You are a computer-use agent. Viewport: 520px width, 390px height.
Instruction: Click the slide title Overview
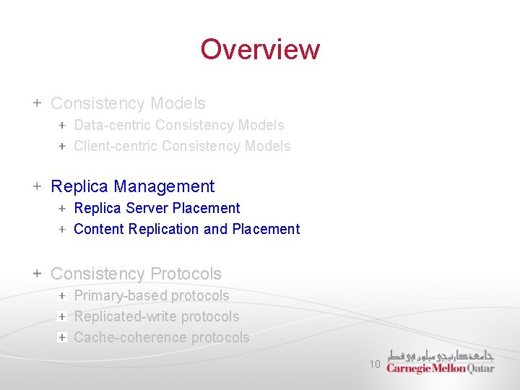tap(260, 49)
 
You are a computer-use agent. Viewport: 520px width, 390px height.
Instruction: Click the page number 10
tap(375, 365)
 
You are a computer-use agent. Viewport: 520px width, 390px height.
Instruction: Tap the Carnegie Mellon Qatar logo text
tap(440, 368)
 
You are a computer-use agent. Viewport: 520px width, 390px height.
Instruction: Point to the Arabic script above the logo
tap(441, 356)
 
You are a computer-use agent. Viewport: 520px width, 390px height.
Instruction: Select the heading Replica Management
tap(132, 186)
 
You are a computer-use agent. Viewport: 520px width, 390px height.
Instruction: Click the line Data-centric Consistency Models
tap(178, 125)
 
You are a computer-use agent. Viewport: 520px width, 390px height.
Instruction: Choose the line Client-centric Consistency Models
tap(182, 146)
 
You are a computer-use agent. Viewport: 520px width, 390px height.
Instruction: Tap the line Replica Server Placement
tap(157, 208)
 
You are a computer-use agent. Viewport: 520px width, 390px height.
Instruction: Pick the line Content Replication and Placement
tap(186, 229)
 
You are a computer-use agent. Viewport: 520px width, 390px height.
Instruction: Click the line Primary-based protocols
tap(151, 295)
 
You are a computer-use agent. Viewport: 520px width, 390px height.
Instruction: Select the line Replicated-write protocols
tap(156, 316)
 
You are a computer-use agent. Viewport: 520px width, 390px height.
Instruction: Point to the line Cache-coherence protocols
tap(161, 337)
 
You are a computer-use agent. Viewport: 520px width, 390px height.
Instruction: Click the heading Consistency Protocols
tap(136, 274)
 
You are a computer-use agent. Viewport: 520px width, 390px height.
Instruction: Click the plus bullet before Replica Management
tap(37, 186)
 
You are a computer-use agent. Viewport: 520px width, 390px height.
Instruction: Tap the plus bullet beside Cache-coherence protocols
tap(62, 337)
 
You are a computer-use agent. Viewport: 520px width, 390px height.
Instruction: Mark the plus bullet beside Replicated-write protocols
tap(62, 316)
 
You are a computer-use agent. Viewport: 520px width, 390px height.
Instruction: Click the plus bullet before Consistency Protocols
tap(37, 274)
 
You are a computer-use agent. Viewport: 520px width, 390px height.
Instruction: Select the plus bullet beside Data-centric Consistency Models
tap(62, 125)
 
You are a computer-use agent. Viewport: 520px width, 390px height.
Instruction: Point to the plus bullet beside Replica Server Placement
tap(62, 208)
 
